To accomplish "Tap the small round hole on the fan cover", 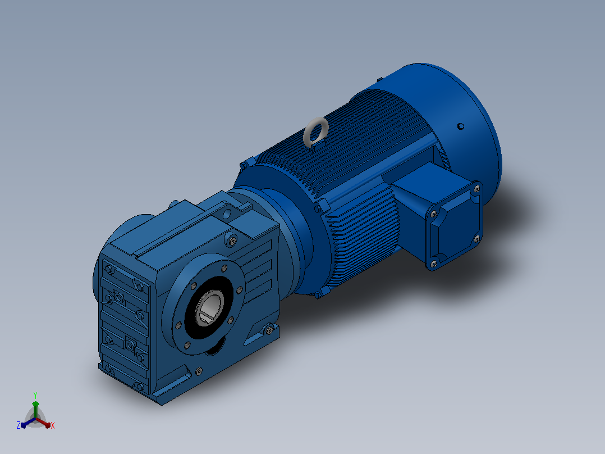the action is (460, 126).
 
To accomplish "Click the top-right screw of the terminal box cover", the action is (477, 189).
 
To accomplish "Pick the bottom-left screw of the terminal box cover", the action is (433, 264).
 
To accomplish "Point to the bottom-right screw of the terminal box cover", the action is (476, 239).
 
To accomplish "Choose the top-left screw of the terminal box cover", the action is (434, 214).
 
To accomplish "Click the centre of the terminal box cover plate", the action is (455, 226).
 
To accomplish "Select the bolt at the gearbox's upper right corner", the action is (232, 241).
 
